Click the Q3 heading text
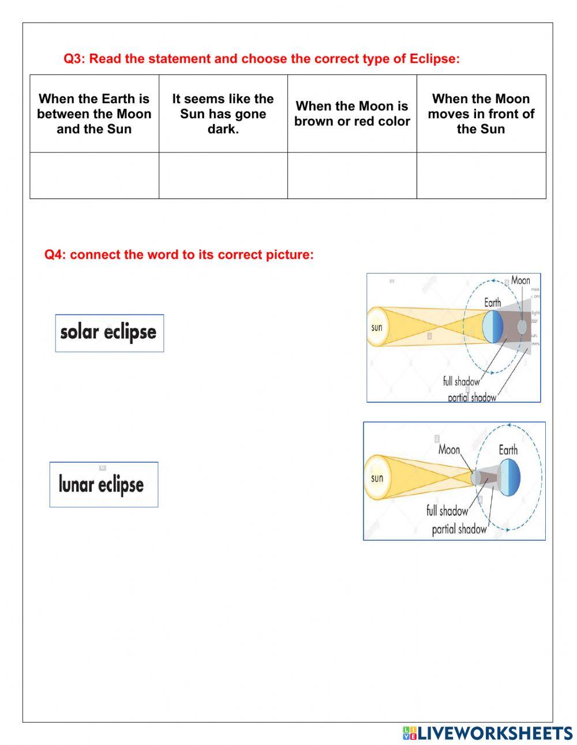point(261,59)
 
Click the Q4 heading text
point(179,254)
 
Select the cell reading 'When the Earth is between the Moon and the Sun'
point(94,114)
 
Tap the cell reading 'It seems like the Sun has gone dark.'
point(223,114)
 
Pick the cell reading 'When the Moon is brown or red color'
point(352,114)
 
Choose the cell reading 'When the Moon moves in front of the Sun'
point(481,114)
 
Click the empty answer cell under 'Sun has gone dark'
point(223,175)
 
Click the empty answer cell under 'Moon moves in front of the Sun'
point(481,175)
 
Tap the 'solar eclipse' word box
point(109,333)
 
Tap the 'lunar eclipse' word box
point(103,484)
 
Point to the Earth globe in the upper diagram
point(493,327)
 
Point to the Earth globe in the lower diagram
point(509,478)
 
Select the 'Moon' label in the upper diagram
point(520,280)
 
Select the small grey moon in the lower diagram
point(476,478)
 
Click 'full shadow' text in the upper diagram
point(460,381)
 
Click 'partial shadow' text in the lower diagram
point(459,529)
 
